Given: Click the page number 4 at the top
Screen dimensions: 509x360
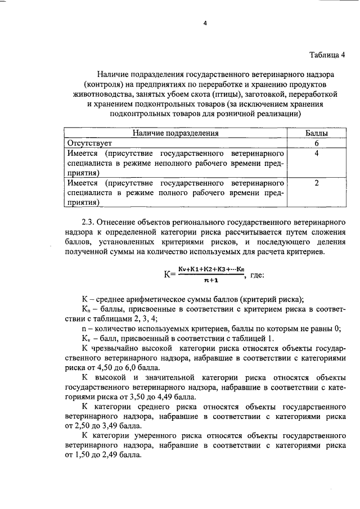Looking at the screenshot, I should point(205,23).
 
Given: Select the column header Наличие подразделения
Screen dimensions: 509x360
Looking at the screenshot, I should point(175,133).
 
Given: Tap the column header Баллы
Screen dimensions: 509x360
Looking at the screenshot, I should point(317,133).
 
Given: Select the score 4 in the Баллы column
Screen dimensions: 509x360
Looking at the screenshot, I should point(317,153).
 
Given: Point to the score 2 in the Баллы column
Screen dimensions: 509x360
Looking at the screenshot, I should point(317,183).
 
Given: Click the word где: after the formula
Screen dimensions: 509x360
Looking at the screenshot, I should point(255,274).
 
